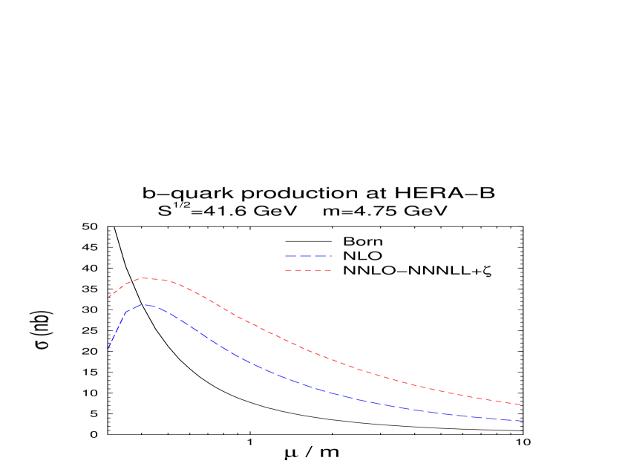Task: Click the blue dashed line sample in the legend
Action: pos(308,256)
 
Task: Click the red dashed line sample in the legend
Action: pos(308,271)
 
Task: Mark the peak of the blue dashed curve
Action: pos(146,304)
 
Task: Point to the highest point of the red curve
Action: pos(144,278)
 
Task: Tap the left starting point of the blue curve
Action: pos(108,350)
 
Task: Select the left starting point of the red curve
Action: pos(108,297)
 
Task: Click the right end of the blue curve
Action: pos(523,421)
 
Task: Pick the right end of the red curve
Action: pos(523,404)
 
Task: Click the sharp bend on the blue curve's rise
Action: pos(126,312)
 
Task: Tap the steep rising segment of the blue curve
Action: pos(117,330)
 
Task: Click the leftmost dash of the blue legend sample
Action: pos(291,256)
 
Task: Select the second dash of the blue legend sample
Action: pos(306,256)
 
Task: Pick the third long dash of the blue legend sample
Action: pos(320,256)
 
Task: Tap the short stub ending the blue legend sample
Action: pos(330,256)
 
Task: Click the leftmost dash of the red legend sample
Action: pos(288,271)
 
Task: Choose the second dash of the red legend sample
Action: pos(298,271)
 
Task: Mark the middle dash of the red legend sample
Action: pos(307,271)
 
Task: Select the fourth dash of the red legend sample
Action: pos(317,271)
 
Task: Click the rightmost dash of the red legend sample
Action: pos(327,271)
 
